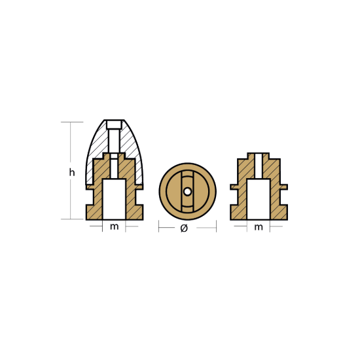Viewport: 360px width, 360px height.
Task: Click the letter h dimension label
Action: pyautogui.click(x=72, y=172)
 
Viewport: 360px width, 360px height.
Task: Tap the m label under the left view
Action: pyautogui.click(x=114, y=227)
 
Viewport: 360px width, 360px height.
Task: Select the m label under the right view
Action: pyautogui.click(x=259, y=227)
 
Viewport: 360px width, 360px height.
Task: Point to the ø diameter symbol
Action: pyautogui.click(x=184, y=228)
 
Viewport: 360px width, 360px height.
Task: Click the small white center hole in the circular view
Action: pyautogui.click(x=187, y=192)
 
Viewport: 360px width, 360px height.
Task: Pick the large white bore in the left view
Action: pyautogui.click(x=114, y=199)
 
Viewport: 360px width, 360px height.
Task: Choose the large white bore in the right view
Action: pyautogui.click(x=259, y=199)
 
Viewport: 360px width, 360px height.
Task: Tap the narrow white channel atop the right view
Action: pyautogui.click(x=259, y=166)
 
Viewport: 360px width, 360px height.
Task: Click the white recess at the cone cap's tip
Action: pyautogui.click(x=114, y=124)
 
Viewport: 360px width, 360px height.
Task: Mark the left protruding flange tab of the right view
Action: pyautogui.click(x=234, y=187)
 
